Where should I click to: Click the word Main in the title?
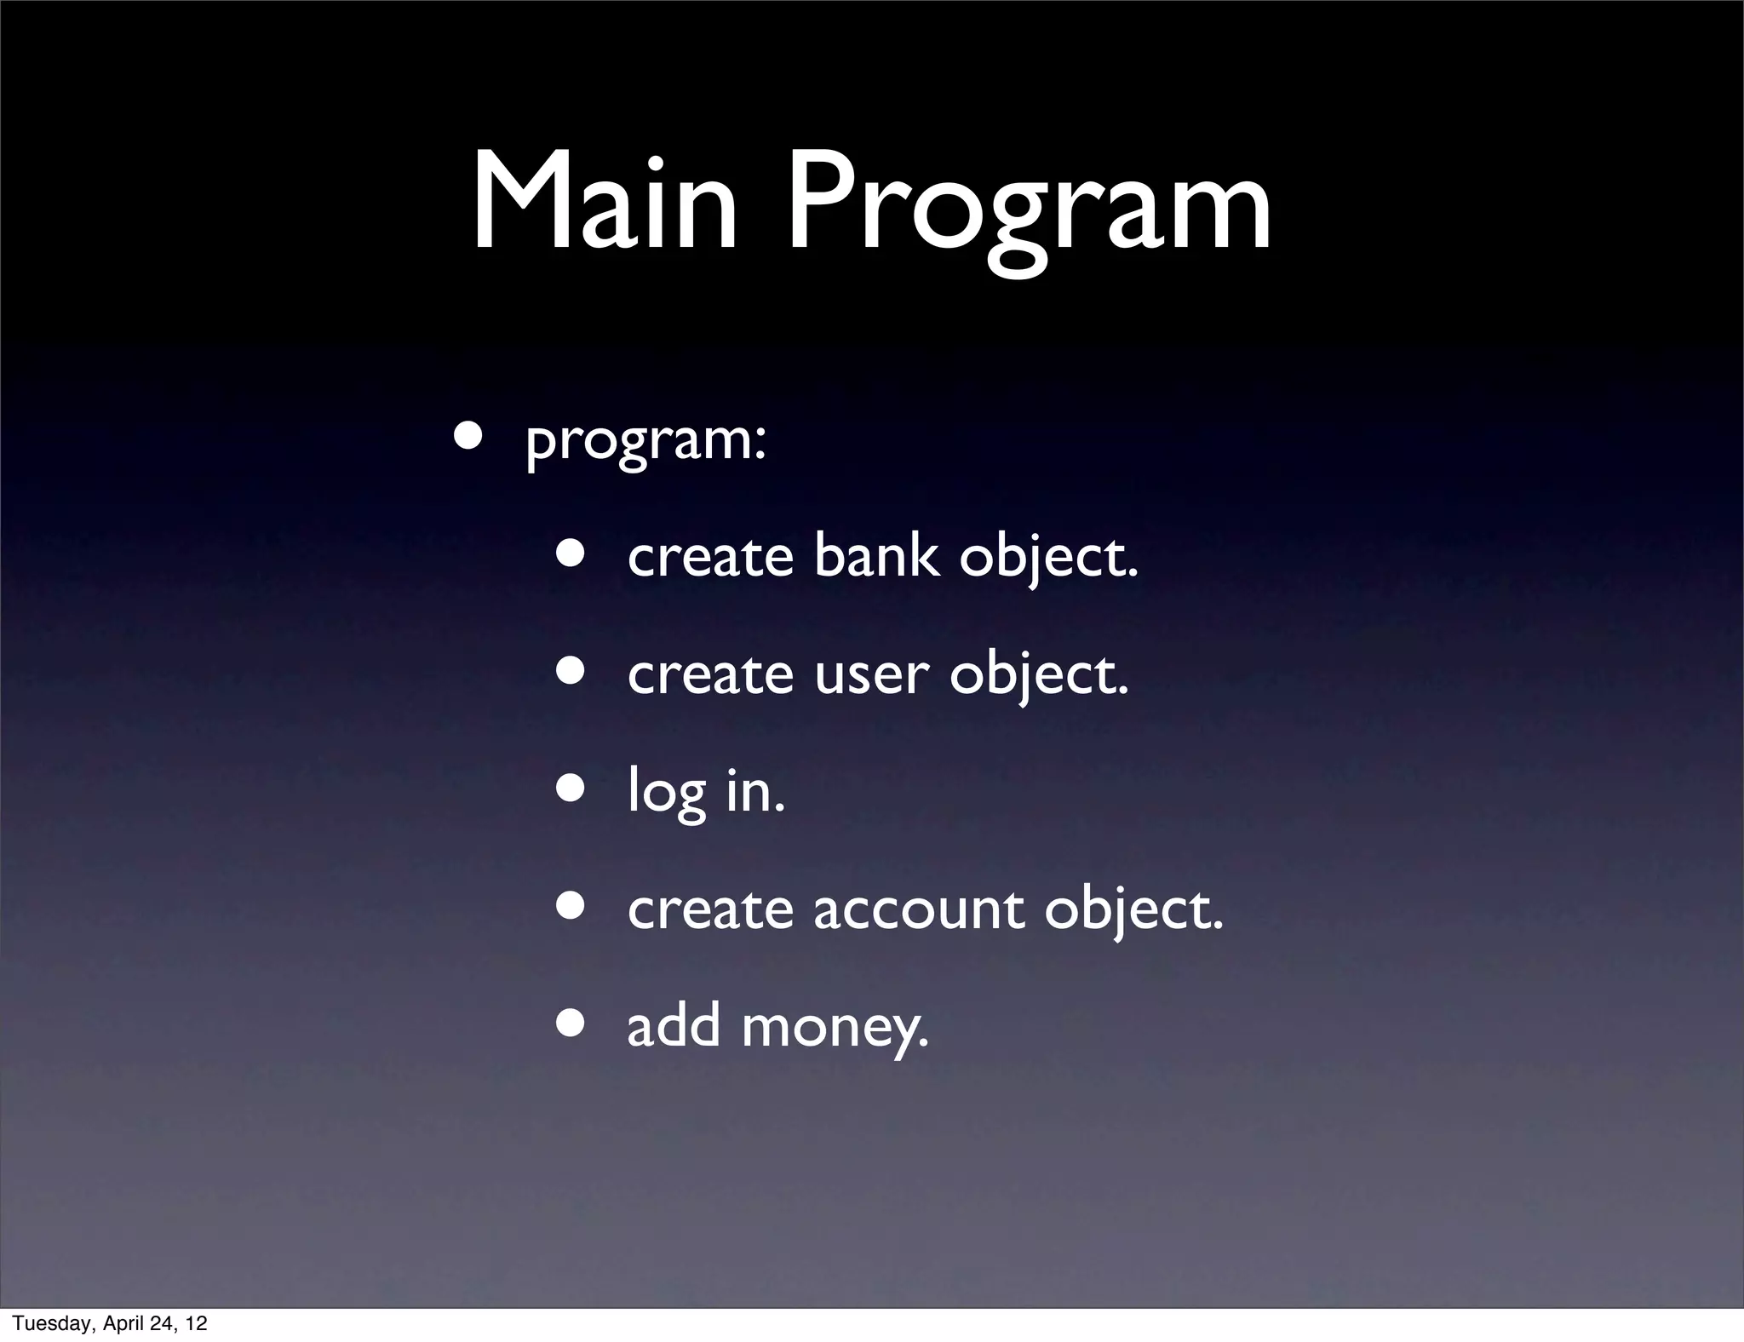coord(605,204)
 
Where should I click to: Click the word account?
coord(919,909)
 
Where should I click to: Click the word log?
coord(667,793)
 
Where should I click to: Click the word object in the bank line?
coord(1048,558)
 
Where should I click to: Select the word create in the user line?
coord(710,674)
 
